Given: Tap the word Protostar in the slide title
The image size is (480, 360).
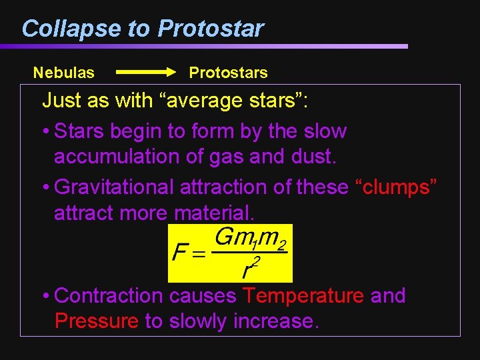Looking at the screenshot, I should (x=211, y=29).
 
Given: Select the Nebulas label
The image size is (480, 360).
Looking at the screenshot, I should (x=64, y=72).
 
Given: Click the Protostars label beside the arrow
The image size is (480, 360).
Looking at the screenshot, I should (x=228, y=72).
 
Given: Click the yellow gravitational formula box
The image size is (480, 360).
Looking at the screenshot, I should (x=230, y=253).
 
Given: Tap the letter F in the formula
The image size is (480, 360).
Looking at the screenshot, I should (x=179, y=253).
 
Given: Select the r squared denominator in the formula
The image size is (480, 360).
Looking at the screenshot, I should (x=249, y=268).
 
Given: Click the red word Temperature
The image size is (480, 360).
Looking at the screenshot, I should (x=303, y=295).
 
